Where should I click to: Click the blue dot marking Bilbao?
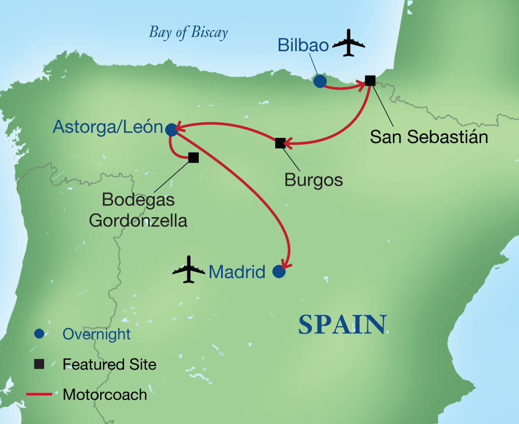(320, 81)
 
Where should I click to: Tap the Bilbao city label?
(303, 45)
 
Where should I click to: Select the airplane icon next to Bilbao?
(348, 44)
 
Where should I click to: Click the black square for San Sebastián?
(370, 80)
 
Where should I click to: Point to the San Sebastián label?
(429, 137)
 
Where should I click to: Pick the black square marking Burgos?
(280, 143)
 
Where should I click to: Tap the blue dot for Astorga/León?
(171, 130)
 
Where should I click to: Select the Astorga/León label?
(108, 128)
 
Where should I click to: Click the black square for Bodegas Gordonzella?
(194, 157)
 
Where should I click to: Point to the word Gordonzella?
(138, 220)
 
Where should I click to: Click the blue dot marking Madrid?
(279, 272)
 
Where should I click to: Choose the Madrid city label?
(237, 272)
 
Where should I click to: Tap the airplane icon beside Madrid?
(189, 269)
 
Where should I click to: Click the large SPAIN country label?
(343, 325)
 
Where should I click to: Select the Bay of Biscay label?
(188, 33)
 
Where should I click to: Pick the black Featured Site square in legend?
(39, 364)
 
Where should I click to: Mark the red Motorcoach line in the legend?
(39, 394)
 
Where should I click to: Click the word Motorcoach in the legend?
(105, 394)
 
